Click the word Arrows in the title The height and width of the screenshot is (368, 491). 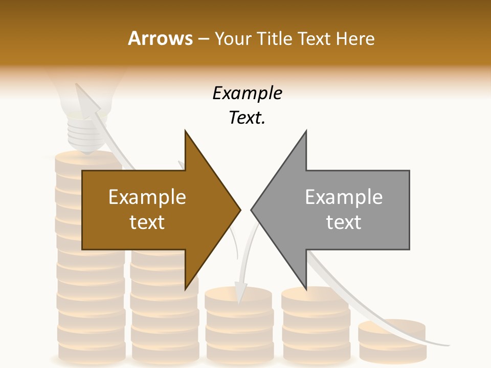(x=160, y=38)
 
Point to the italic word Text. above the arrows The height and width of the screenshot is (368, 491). (x=248, y=118)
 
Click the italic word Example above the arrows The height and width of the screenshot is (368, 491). (x=248, y=94)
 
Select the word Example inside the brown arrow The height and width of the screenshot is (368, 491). (x=147, y=197)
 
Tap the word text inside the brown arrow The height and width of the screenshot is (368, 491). (x=147, y=222)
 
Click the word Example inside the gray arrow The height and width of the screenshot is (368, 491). (x=344, y=197)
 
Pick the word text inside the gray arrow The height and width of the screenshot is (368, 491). (x=344, y=222)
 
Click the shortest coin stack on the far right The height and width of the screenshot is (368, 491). (x=392, y=340)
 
